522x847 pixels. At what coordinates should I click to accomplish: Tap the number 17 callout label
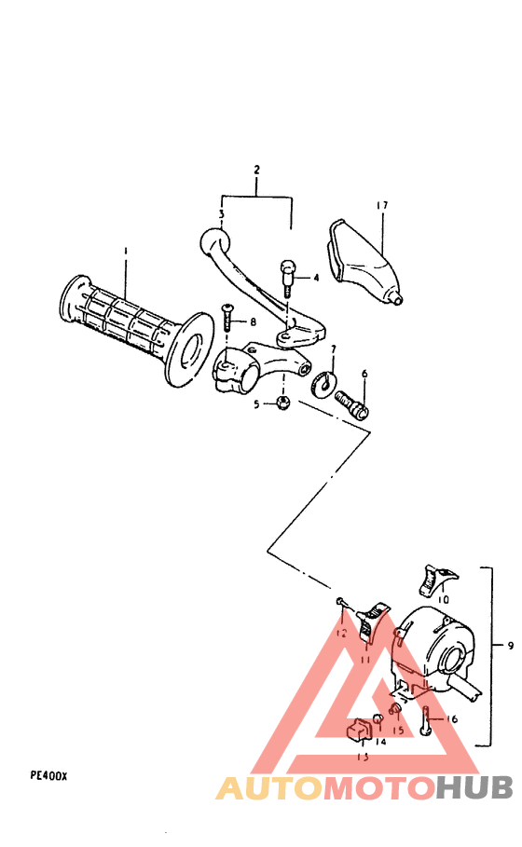[x=382, y=205]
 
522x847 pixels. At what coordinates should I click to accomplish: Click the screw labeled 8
[x=227, y=320]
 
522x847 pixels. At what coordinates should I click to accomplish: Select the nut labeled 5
[x=285, y=403]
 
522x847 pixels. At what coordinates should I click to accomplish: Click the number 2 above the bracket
[x=256, y=171]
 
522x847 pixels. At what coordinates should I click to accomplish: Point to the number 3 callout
[x=221, y=213]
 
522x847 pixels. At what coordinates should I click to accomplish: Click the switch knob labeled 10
[x=433, y=580]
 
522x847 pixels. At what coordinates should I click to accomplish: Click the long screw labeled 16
[x=426, y=722]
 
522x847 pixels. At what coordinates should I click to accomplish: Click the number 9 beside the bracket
[x=509, y=645]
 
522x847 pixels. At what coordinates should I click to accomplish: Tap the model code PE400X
[x=48, y=775]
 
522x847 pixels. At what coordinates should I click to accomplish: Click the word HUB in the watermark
[x=475, y=788]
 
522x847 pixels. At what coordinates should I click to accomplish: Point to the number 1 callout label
[x=126, y=252]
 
